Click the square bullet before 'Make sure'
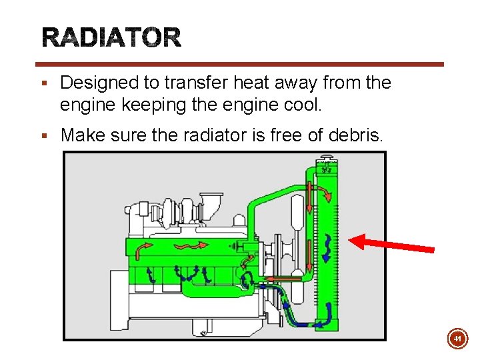click(x=43, y=136)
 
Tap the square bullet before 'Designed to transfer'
click(x=43, y=84)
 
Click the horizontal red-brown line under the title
click(x=240, y=65)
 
